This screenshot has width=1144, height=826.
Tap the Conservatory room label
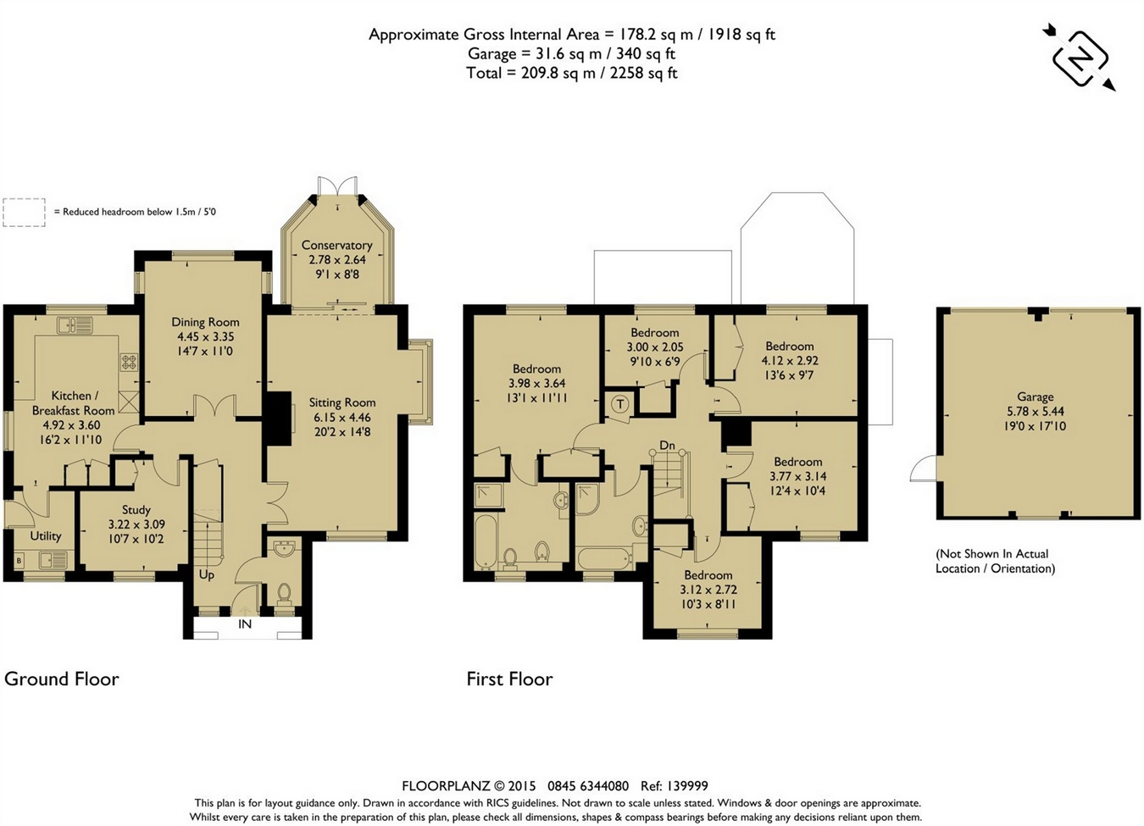coord(336,245)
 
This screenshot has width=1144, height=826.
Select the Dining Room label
coord(205,322)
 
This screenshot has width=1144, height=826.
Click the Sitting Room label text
coord(342,402)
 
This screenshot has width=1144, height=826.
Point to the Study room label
coord(136,510)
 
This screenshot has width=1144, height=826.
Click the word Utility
coord(46,536)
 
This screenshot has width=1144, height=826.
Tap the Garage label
coord(1036,396)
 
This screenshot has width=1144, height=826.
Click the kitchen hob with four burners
coord(129,362)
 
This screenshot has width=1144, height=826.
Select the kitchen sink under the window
coord(75,325)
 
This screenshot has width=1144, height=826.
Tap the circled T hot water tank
coord(620,405)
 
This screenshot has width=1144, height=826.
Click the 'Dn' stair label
coord(667,445)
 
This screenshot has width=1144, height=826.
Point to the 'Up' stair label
coord(206,575)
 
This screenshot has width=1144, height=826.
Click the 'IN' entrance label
coord(245,624)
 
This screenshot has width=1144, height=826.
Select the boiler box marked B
coord(19,561)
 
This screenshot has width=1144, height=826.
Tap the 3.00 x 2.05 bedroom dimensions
coord(655,347)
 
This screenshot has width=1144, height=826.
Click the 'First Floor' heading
coord(509,679)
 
